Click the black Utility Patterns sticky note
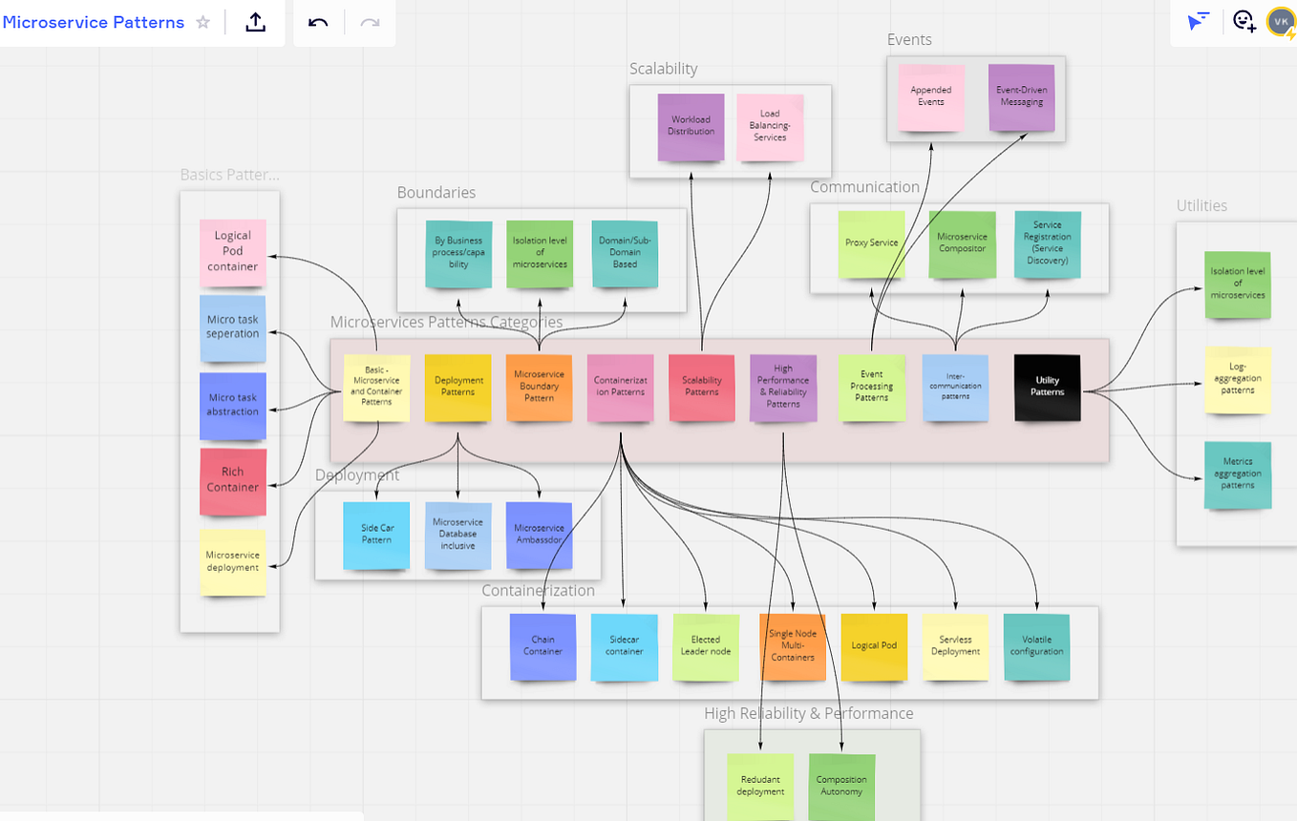(x=1047, y=387)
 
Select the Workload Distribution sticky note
(x=691, y=126)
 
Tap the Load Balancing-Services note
(x=770, y=126)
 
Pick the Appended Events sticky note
(x=930, y=96)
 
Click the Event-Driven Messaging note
(x=1021, y=96)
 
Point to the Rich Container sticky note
(x=233, y=480)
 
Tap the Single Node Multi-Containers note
(x=792, y=646)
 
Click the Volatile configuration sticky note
(x=1036, y=646)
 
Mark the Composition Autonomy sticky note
(x=841, y=787)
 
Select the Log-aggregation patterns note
(x=1238, y=379)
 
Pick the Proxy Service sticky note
(x=871, y=244)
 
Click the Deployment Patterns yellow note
(x=457, y=387)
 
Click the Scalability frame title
(x=663, y=69)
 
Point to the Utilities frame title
(x=1201, y=205)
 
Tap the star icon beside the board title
(x=202, y=22)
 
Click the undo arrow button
(x=319, y=22)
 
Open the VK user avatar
(x=1280, y=21)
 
